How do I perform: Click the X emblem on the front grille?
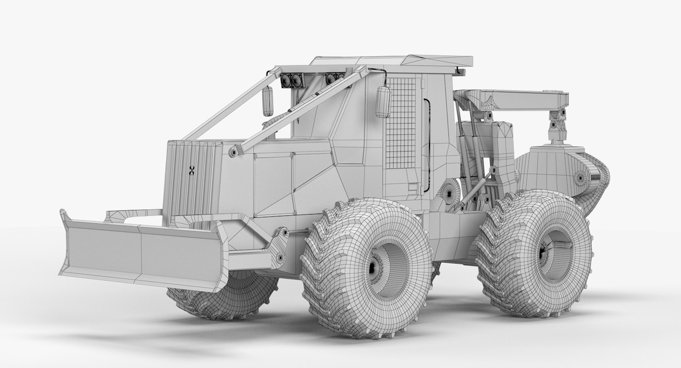point(192,171)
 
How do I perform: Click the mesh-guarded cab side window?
point(400,122)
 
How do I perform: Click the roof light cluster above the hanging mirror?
point(291,81)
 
